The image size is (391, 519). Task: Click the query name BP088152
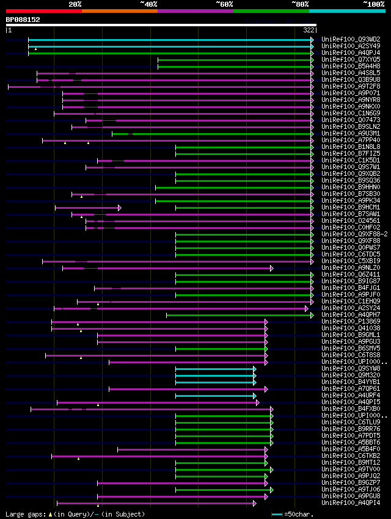(23, 20)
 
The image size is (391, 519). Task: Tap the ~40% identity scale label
(148, 4)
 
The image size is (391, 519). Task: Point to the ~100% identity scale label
(373, 4)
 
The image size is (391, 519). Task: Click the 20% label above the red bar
(75, 4)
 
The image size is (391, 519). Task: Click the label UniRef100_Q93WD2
(351, 39)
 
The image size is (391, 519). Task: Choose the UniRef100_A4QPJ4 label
(351, 53)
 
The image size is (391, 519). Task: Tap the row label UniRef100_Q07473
(351, 120)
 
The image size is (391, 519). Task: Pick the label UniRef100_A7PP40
(351, 140)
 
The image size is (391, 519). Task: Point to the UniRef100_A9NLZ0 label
(351, 267)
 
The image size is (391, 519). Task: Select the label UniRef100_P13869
(351, 321)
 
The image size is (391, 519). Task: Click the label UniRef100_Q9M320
(351, 375)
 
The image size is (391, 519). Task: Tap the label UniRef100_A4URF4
(351, 395)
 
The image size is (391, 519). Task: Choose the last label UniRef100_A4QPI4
(351, 503)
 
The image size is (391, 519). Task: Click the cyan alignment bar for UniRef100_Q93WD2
(171, 39)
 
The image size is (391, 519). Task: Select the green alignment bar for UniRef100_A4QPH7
(238, 314)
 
